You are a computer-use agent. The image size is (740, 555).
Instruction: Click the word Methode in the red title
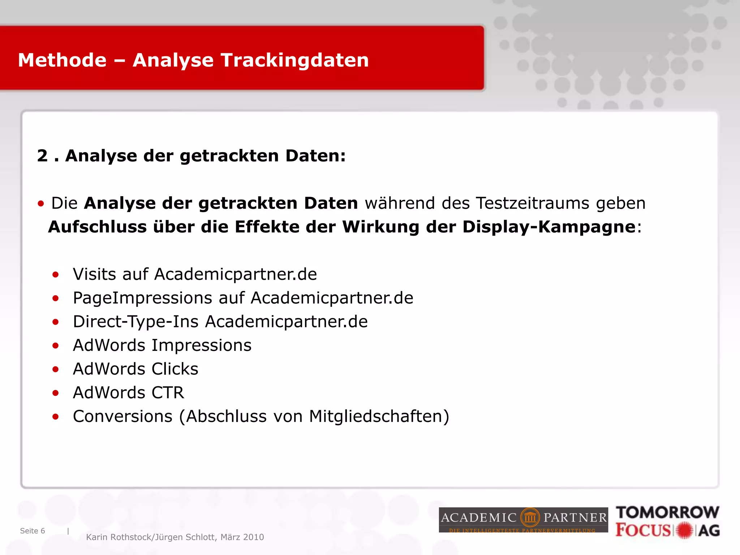pos(62,60)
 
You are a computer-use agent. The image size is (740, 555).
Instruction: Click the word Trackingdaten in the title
pos(295,60)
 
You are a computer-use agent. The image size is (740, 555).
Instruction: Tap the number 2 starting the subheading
pos(42,156)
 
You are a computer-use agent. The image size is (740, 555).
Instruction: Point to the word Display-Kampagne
pos(549,227)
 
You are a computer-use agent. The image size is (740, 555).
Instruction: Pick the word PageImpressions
pos(142,298)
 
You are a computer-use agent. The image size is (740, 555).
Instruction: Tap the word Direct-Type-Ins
pos(135,322)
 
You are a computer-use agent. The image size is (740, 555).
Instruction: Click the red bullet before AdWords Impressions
pos(55,346)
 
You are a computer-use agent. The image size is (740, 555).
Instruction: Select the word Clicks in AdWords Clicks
pos(175,369)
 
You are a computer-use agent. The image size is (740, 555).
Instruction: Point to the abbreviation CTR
pos(168,393)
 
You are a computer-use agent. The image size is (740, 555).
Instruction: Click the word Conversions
pos(122,416)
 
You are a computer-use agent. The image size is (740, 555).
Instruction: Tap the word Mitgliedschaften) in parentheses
pos(379,416)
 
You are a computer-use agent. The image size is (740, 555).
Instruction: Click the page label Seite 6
pos(33,531)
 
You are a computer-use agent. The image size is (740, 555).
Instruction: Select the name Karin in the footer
pos(97,537)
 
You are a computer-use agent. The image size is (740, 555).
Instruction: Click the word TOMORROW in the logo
pos(668,512)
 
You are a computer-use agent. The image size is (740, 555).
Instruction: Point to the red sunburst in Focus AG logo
pos(684,530)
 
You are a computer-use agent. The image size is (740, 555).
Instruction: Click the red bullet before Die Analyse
pos(41,204)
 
